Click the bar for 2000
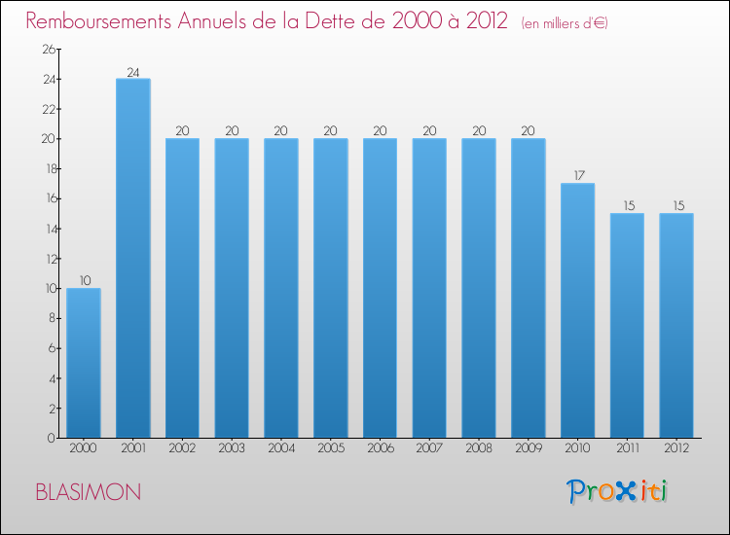[x=84, y=363]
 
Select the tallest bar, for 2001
[x=133, y=258]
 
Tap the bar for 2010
[x=578, y=310]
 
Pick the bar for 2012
[x=676, y=325]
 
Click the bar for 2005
[x=331, y=288]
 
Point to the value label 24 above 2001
[x=133, y=72]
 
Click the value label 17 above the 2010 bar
[x=579, y=175]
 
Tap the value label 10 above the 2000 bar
[x=85, y=280]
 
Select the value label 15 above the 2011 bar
[x=629, y=205]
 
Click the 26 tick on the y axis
[x=49, y=50]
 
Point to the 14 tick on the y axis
[x=51, y=229]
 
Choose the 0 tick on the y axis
[x=52, y=439]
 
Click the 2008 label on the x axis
[x=479, y=448]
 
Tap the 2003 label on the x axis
[x=232, y=448]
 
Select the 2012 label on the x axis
[x=676, y=448]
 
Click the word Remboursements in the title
[x=98, y=21]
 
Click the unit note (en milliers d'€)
[x=565, y=23]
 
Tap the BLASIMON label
[x=89, y=492]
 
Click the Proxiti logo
[x=617, y=491]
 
